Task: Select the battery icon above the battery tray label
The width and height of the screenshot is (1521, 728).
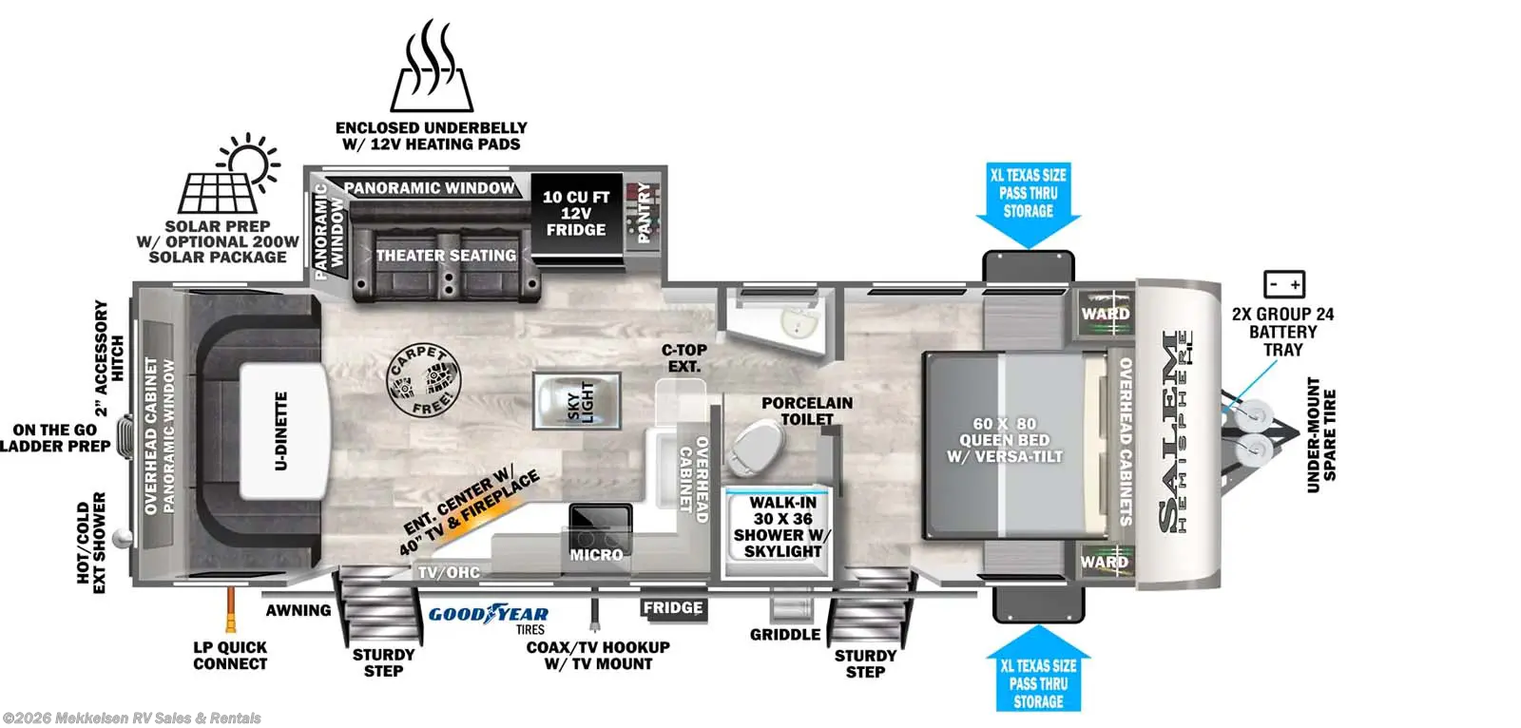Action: point(1283,284)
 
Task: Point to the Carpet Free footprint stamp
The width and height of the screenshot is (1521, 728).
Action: point(422,379)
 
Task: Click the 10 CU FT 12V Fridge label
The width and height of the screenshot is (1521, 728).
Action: point(575,214)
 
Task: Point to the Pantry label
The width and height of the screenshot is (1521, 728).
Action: point(644,213)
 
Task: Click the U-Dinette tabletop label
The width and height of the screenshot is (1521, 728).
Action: point(281,431)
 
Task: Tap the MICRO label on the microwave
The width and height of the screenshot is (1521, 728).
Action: point(596,554)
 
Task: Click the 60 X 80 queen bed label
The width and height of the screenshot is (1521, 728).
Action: point(1004,440)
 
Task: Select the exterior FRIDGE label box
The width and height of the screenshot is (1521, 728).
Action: point(672,608)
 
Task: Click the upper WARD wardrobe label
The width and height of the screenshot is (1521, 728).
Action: point(1105,315)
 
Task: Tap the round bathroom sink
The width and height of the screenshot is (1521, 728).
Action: point(799,322)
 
